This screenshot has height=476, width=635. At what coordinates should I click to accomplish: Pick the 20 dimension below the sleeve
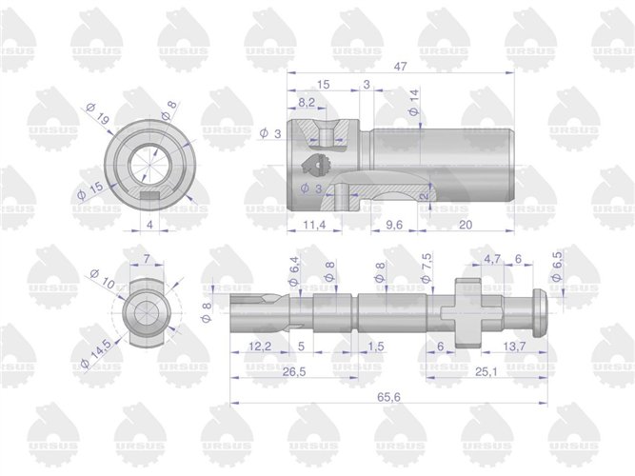click(x=466, y=225)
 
